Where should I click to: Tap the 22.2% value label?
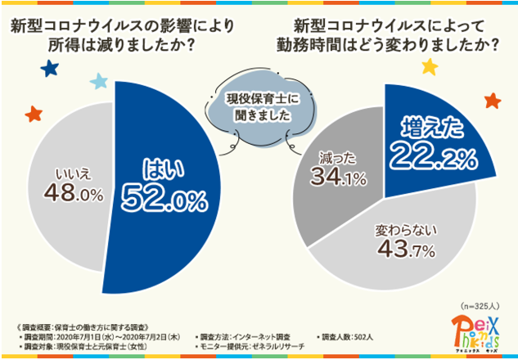point(433,153)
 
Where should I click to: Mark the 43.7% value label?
point(399,252)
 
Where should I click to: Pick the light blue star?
point(99,81)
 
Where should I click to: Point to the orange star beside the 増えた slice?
point(493,101)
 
